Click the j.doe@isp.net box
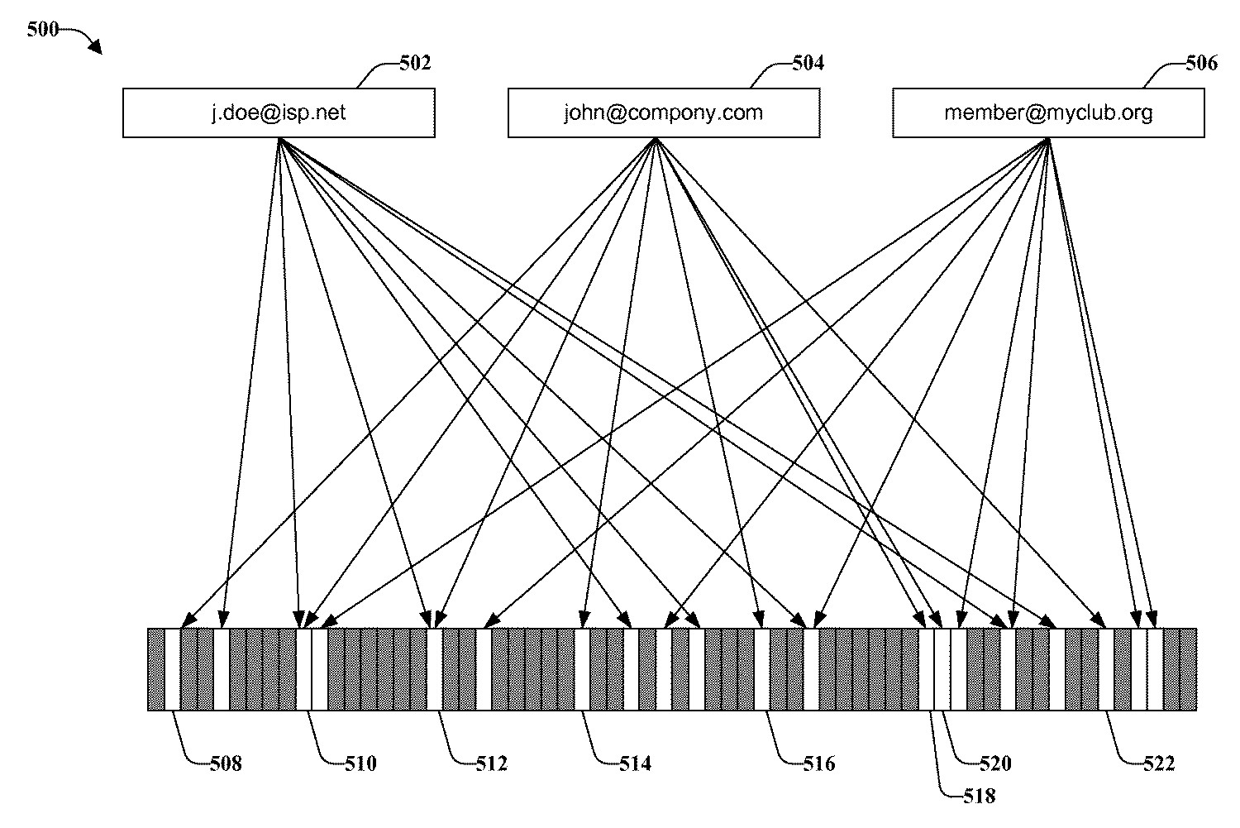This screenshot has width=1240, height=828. pyautogui.click(x=279, y=112)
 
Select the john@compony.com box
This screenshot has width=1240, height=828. pyautogui.click(x=663, y=112)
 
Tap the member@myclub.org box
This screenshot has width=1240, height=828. pyautogui.click(x=1048, y=112)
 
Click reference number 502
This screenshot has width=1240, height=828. pyautogui.click(x=415, y=64)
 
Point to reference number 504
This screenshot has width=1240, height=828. pyautogui.click(x=808, y=64)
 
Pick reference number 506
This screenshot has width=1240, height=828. pyautogui.click(x=1201, y=64)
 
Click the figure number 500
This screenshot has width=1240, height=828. pyautogui.click(x=42, y=30)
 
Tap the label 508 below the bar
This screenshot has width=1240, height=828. pyautogui.click(x=225, y=763)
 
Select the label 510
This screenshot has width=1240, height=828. pyautogui.click(x=360, y=763)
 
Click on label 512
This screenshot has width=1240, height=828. pyautogui.click(x=491, y=763)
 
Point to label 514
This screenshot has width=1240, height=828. pyautogui.click(x=635, y=763)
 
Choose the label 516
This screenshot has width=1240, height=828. pyautogui.click(x=819, y=763)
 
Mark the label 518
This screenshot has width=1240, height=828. pyautogui.click(x=979, y=797)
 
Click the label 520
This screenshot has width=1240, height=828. pyautogui.click(x=995, y=763)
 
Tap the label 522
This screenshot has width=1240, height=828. pyautogui.click(x=1158, y=763)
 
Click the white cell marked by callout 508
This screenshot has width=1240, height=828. pyautogui.click(x=172, y=669)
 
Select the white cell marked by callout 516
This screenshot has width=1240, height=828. pyautogui.click(x=761, y=669)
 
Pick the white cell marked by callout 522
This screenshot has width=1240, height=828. pyautogui.click(x=1106, y=669)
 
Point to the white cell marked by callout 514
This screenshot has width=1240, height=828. pyautogui.click(x=582, y=669)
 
